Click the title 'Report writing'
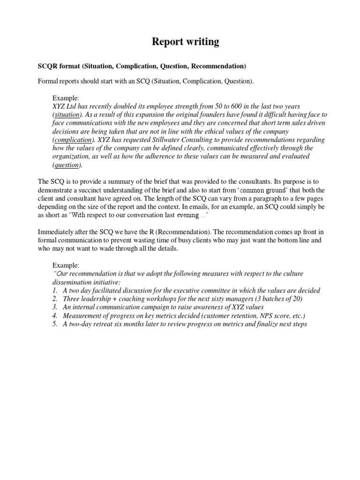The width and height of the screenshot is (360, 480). tap(185, 42)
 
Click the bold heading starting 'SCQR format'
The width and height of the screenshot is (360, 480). tap(142, 65)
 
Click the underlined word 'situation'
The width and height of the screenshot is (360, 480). tap(66, 114)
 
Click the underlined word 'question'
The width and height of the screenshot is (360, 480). tap(66, 165)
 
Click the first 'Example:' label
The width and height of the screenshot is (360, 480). tap(66, 97)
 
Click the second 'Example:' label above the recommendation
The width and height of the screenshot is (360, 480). tap(66, 265)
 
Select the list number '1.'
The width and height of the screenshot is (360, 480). tap(55, 290)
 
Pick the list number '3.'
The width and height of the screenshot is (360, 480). tap(55, 307)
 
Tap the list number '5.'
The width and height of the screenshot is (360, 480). tap(55, 324)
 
